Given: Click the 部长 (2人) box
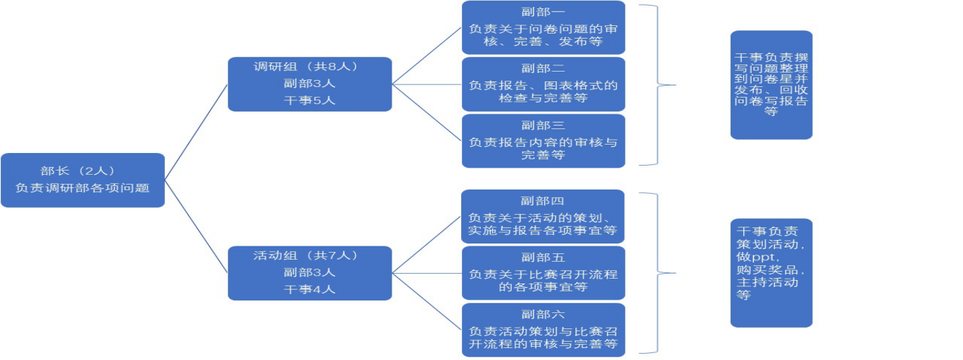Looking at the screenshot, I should pyautogui.click(x=82, y=180).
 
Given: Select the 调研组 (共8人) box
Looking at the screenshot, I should pyautogui.click(x=310, y=84).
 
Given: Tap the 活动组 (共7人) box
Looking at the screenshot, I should pyautogui.click(x=310, y=273).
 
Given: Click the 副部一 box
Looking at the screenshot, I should pyautogui.click(x=543, y=27).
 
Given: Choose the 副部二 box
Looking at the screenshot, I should pyautogui.click(x=543, y=84).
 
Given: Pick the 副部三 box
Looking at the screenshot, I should pyautogui.click(x=543, y=141).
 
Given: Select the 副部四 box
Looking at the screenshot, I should pyautogui.click(x=543, y=216).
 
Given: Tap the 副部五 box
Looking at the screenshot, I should pyautogui.click(x=543, y=273).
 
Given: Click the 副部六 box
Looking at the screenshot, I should pyautogui.click(x=543, y=329).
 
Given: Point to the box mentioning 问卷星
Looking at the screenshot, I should pyautogui.click(x=771, y=84).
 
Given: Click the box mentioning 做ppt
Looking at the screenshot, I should pyautogui.click(x=771, y=273).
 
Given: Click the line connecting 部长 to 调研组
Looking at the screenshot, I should pyautogui.click(x=197, y=131).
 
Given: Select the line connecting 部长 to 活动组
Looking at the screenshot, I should pyautogui.click(x=197, y=226).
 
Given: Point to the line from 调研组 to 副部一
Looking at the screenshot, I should pyautogui.click(x=427, y=56).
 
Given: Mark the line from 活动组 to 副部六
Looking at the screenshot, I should pyautogui.click(x=427, y=301).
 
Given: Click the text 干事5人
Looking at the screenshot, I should pyautogui.click(x=310, y=100).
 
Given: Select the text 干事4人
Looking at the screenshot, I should pyautogui.click(x=310, y=289).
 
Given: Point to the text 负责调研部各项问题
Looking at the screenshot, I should pyautogui.click(x=82, y=188).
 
